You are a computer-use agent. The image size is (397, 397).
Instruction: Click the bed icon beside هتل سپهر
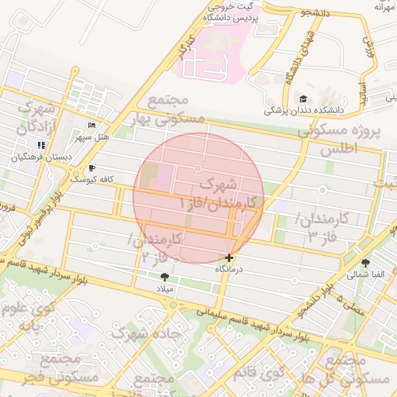point(92,125)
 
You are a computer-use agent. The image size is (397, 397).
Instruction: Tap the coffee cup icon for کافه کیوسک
point(92,167)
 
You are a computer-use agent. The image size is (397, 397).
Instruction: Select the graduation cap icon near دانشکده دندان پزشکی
point(303,98)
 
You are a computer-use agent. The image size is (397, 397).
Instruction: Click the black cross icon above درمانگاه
point(229,257)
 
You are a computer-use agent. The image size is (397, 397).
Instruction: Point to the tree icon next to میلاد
point(164,277)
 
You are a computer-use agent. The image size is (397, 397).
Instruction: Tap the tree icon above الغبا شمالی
point(365,263)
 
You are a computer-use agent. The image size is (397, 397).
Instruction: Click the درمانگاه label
point(229,269)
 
